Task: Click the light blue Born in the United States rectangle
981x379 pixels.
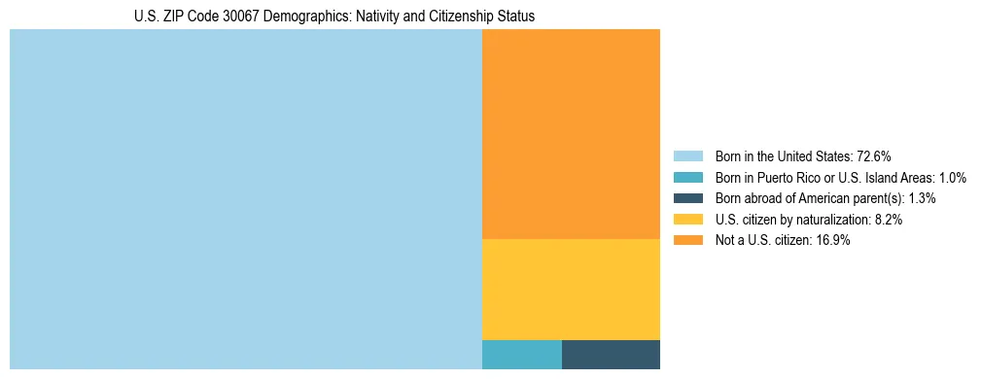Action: (245, 199)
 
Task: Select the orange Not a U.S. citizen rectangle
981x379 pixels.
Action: (571, 134)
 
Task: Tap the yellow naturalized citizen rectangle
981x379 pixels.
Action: (571, 290)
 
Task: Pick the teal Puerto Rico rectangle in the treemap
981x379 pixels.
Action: (521, 355)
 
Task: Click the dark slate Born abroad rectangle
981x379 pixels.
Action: (611, 355)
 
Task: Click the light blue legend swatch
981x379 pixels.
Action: (687, 155)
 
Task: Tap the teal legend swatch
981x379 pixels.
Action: (687, 177)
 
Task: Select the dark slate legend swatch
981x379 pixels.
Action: (687, 198)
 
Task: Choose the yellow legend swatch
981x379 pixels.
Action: (687, 220)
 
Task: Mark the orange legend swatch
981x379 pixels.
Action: (687, 241)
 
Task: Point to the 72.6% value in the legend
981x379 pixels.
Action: (874, 155)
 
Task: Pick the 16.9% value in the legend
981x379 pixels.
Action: (833, 241)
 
